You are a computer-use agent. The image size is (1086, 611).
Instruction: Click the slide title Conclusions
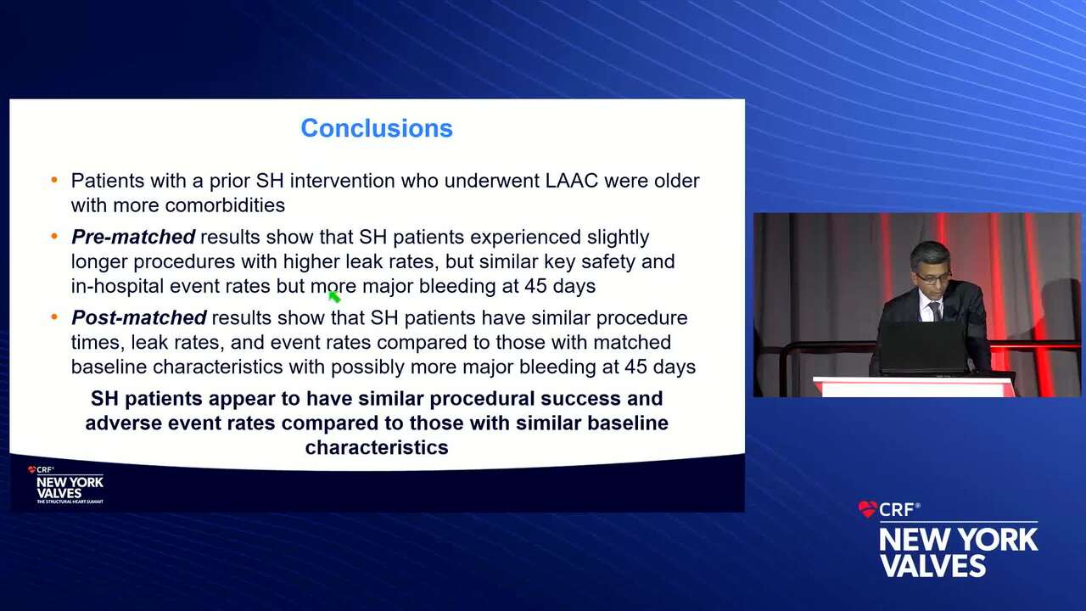pos(377,128)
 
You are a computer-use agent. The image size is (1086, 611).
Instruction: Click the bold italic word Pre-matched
pos(133,237)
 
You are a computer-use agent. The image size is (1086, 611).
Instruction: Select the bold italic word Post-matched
pos(139,317)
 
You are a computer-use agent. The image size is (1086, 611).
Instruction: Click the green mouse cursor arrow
pos(334,296)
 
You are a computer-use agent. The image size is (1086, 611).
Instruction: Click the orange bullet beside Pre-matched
pos(54,237)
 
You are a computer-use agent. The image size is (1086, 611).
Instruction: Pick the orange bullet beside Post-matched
pos(54,317)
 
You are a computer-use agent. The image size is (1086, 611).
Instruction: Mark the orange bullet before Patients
pos(54,181)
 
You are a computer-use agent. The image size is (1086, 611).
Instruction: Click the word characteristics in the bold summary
pos(377,447)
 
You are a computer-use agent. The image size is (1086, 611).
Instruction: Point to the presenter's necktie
pos(935,311)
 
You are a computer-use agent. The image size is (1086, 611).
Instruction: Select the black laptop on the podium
pos(924,348)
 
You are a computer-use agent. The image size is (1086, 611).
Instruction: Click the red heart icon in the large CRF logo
pos(867,509)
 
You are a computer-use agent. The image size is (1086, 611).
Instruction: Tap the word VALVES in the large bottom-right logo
pos(933,565)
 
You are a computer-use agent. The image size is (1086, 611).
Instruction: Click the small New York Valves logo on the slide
pos(66,485)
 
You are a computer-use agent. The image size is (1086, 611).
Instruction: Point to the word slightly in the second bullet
pos(619,238)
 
